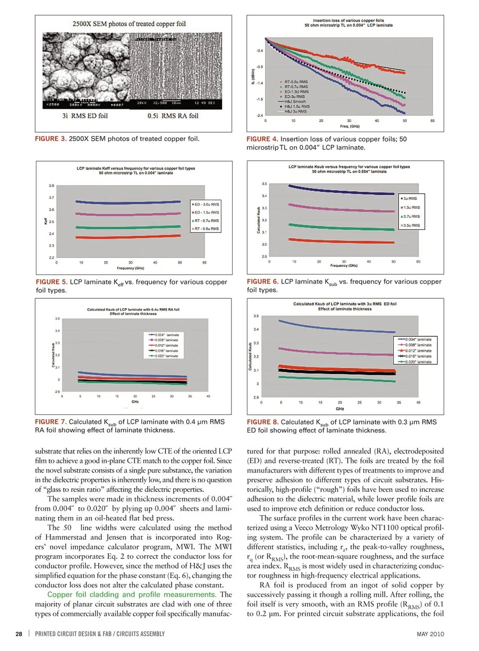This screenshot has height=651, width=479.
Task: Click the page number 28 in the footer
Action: coord(19,634)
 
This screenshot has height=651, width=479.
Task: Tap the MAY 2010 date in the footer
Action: coord(430,634)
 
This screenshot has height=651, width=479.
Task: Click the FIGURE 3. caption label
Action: coord(50,139)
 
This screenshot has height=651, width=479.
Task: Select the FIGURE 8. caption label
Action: coord(262,422)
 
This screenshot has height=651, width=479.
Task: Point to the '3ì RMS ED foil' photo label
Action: coord(85,116)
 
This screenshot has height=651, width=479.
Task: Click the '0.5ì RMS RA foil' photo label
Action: coord(173,116)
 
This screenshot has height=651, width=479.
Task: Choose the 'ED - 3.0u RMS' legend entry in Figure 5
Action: coord(206,205)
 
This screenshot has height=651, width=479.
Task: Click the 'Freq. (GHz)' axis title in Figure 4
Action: coord(349,126)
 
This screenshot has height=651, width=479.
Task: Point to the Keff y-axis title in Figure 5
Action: coord(45,220)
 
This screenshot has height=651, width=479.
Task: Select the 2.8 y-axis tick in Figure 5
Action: coord(51,186)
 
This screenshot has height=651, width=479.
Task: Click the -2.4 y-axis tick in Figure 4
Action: coord(259,115)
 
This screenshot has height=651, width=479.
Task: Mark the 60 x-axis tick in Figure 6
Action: coord(418,261)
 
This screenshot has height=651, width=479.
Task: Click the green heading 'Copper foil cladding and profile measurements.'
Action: coord(131,595)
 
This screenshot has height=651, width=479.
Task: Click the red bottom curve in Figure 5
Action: coord(127,237)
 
